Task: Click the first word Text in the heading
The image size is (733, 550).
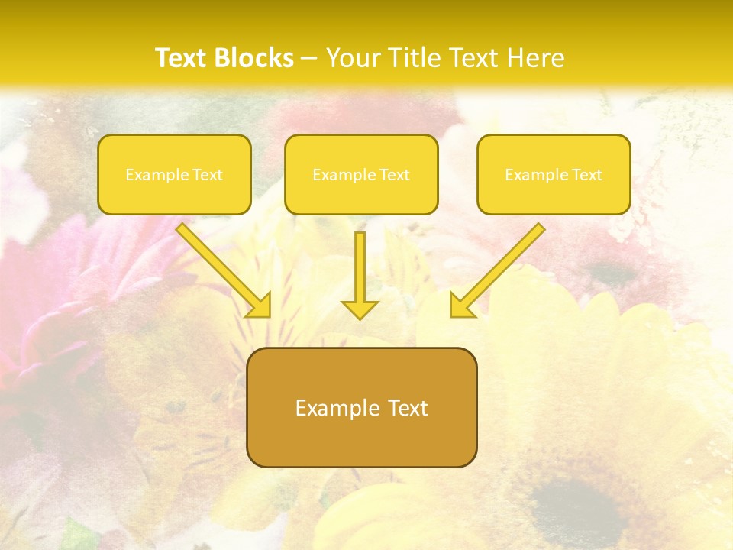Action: click(x=184, y=58)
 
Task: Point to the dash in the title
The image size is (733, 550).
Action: click(x=309, y=59)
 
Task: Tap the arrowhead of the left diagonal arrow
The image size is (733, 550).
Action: click(x=260, y=306)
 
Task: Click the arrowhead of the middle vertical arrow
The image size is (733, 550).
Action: click(x=360, y=309)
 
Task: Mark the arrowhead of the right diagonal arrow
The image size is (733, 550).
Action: click(x=461, y=306)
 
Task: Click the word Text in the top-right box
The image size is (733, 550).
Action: click(x=586, y=175)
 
